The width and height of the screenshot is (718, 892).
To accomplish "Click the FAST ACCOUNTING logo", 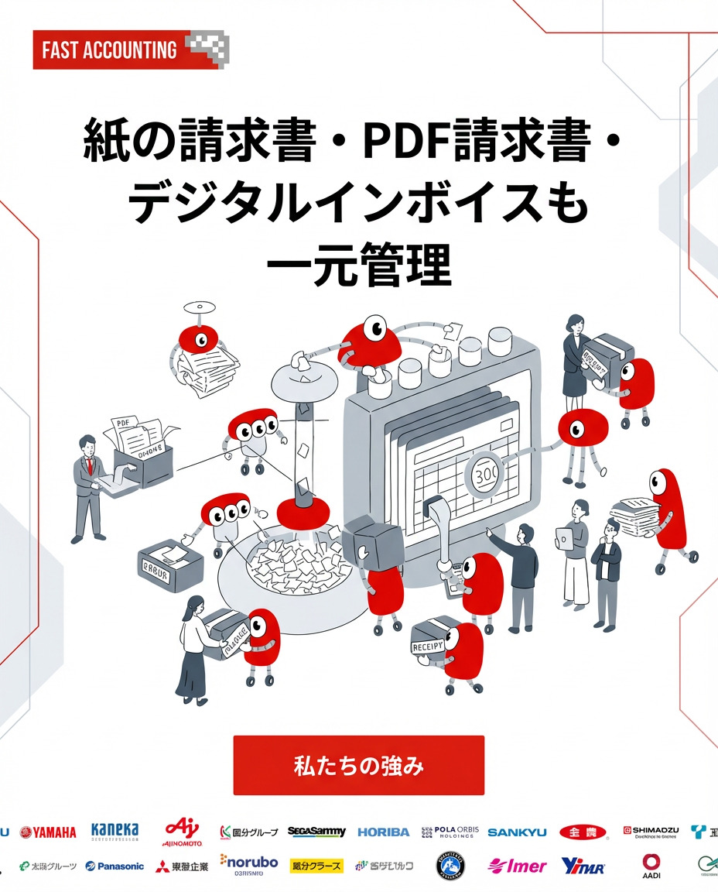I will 131,50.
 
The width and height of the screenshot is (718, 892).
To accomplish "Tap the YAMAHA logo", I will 48,832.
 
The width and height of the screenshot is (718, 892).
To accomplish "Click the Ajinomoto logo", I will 182,832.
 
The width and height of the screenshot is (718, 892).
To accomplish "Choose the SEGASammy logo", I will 316,832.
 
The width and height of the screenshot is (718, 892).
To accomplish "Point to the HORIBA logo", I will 383,832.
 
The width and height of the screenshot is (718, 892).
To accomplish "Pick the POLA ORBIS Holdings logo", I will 450,832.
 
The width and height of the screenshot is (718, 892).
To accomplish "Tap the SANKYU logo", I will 517,832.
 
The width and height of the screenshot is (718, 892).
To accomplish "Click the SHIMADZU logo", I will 651,832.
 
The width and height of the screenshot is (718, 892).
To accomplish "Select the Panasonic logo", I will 115,866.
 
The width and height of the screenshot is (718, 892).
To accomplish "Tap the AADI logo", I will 651,866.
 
